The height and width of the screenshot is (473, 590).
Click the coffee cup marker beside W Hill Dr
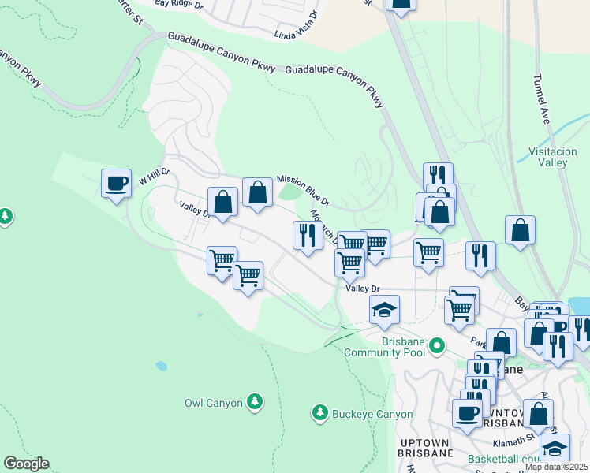pos(117,184)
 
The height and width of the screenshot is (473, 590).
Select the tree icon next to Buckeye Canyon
pos(319,412)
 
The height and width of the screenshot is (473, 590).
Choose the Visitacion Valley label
pos(548,157)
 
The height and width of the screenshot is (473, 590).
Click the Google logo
pos(26,464)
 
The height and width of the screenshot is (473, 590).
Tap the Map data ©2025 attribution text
pos(557,467)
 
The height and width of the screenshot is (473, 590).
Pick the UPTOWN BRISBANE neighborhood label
pos(427,445)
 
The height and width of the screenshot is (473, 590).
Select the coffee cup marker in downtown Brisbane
pos(467,412)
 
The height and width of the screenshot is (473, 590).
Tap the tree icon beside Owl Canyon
pos(254,402)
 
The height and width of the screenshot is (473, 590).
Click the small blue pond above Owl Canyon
pos(162,366)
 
